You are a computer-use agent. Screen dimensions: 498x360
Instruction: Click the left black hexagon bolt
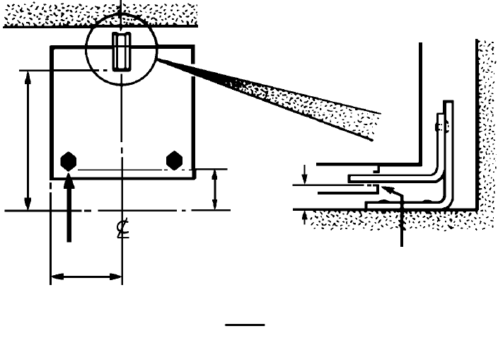coord(69,161)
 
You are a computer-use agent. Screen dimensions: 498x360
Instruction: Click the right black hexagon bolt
coord(174,161)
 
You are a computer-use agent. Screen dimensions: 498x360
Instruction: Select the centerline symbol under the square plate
coord(122,229)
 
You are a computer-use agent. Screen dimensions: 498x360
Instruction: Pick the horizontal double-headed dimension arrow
coord(86,277)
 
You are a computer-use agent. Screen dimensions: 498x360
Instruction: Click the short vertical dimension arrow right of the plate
coord(215,190)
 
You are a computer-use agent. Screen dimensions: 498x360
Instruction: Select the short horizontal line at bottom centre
coord(245,325)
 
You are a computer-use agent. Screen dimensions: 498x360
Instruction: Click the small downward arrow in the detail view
coord(304,173)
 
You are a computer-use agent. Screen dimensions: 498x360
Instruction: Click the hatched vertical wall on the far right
coord(486,120)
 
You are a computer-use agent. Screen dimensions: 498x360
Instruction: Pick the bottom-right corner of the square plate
coord(193,178)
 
